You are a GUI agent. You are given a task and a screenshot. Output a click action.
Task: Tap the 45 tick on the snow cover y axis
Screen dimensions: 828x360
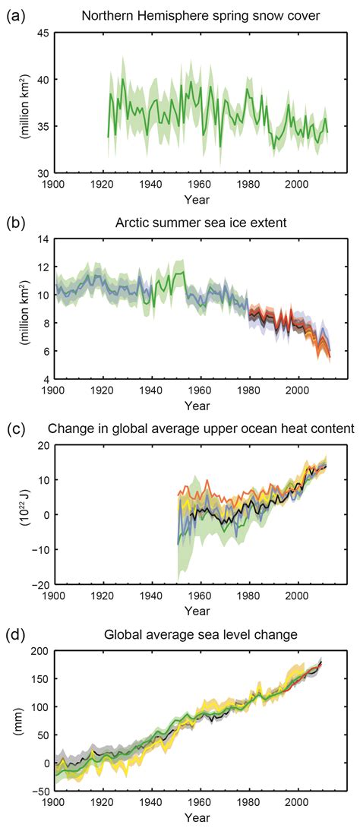click(43, 33)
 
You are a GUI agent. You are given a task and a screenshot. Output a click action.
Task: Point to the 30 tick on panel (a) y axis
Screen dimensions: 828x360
click(43, 172)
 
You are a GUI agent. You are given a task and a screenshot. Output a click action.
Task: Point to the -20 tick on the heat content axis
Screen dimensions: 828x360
click(39, 584)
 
